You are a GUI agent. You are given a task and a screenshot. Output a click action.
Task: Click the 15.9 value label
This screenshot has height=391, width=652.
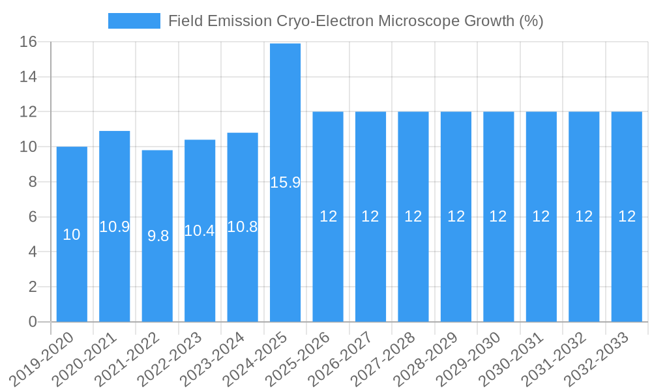pos(285,182)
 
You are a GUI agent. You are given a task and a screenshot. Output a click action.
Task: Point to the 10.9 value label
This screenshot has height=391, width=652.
pos(115,227)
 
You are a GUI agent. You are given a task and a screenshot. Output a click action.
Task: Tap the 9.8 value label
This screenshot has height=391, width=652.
pos(158,236)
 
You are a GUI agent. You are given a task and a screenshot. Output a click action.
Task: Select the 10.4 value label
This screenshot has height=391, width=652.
pos(200,230)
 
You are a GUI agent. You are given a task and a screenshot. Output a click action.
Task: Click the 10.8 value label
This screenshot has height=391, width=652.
pos(243,227)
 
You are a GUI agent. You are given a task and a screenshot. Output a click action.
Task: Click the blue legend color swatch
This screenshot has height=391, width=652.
pos(134,21)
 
